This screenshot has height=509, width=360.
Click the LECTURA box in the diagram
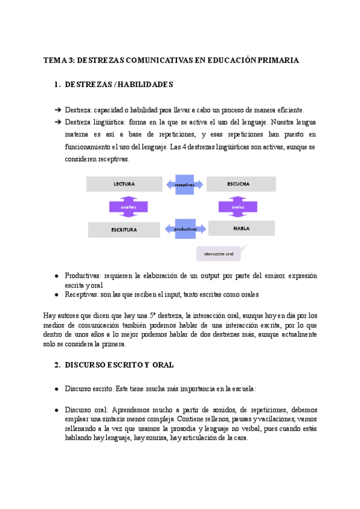pos(124,184)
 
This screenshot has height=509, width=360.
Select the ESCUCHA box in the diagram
pos(241,184)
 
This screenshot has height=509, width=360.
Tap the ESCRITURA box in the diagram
pos(124,229)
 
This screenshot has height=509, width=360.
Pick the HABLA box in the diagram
pos(241,228)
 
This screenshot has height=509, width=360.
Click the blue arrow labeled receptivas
pos(185,184)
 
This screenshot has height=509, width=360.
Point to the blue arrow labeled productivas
pos(185,229)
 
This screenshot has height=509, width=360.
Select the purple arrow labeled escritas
pos(128,206)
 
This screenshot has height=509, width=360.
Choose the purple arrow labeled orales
pos(238,206)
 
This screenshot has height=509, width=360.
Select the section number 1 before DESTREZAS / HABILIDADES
pos(56,85)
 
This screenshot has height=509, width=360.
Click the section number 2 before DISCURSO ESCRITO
pos(56,364)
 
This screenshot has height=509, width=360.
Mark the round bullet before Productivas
pos(56,276)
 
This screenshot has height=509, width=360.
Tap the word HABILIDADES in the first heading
pos(145,85)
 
